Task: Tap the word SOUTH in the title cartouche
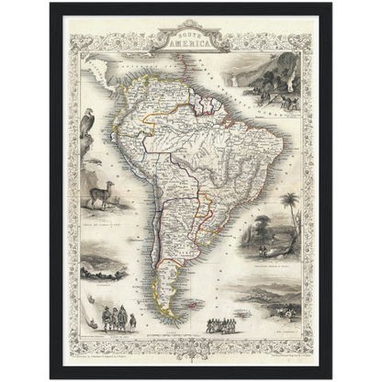187,33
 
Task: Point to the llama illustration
101,196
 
